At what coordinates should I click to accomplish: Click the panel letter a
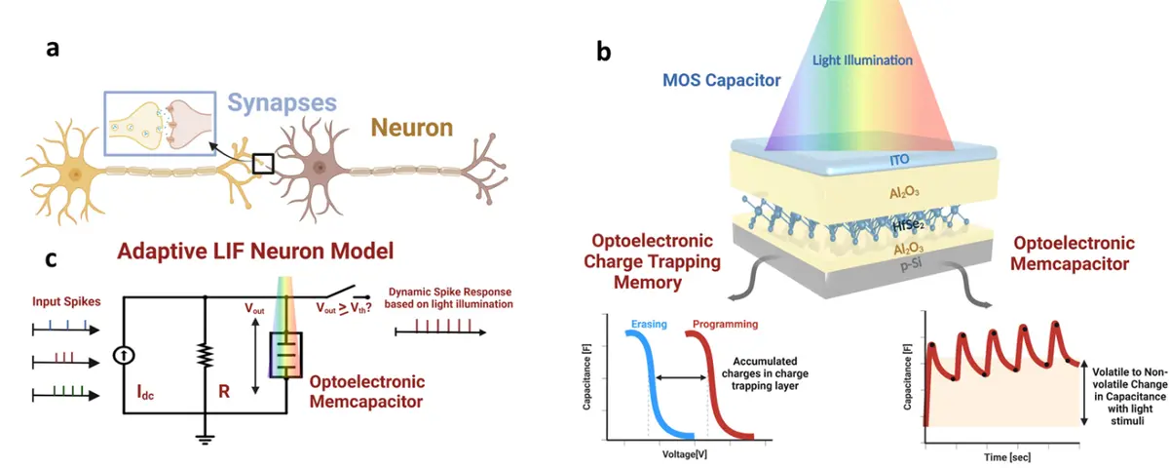[x=53, y=49]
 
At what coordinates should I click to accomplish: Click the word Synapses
[x=282, y=103]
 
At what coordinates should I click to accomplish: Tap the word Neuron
[x=412, y=128]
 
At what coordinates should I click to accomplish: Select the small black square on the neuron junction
[x=263, y=164]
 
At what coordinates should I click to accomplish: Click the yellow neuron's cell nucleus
[x=76, y=175]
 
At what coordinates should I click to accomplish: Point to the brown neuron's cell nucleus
[x=320, y=168]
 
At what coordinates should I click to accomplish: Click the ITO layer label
[x=899, y=160]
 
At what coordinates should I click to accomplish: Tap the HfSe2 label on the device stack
[x=909, y=225]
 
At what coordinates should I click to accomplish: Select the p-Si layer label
[x=911, y=265]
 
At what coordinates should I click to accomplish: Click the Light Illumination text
[x=862, y=60]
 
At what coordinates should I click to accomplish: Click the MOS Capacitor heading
[x=721, y=80]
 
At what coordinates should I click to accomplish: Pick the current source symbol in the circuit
[x=124, y=356]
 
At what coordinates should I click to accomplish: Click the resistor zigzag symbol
[x=206, y=355]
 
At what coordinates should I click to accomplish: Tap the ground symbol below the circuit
[x=206, y=438]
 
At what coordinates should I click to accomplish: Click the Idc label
[x=145, y=392]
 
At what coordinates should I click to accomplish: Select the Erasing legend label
[x=649, y=324]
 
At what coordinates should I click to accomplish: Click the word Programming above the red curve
[x=725, y=324]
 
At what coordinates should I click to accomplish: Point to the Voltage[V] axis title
[x=685, y=454]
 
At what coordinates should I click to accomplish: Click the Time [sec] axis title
[x=1007, y=457]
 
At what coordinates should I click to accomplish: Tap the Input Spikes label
[x=66, y=302]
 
